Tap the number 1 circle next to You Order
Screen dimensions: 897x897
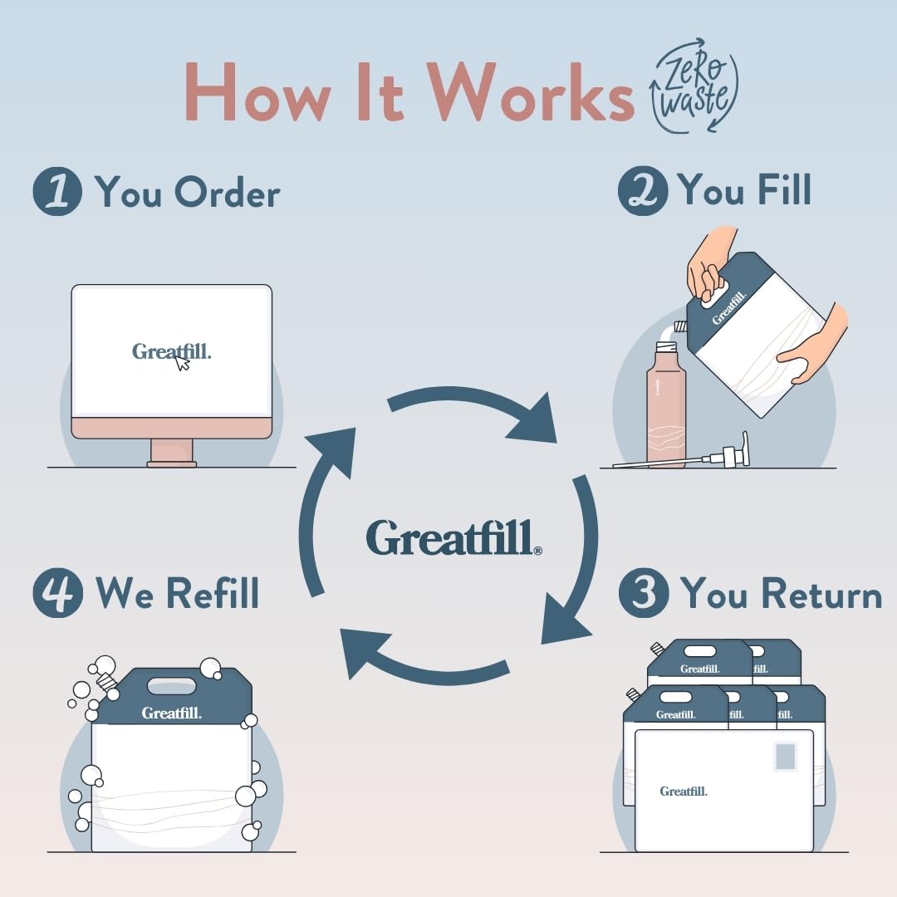[x=57, y=192]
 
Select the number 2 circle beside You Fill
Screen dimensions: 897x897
[x=643, y=191]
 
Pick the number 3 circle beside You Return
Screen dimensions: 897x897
[x=644, y=594]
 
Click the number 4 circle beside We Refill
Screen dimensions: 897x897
[x=57, y=594]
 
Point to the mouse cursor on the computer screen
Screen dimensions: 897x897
[x=183, y=362]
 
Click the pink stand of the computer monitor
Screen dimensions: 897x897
[x=171, y=452]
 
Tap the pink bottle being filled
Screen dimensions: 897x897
[x=666, y=407]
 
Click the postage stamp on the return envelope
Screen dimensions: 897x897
[x=785, y=757]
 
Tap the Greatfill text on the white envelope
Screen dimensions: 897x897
[x=684, y=792]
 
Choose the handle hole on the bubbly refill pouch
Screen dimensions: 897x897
[x=173, y=686]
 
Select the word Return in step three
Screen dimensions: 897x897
[x=821, y=594]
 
